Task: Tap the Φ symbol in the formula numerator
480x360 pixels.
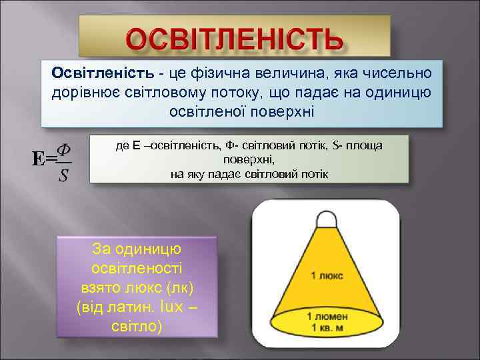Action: coord(64,147)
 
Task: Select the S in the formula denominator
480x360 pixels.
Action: coord(63,175)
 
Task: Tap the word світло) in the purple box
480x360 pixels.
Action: coord(137,328)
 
